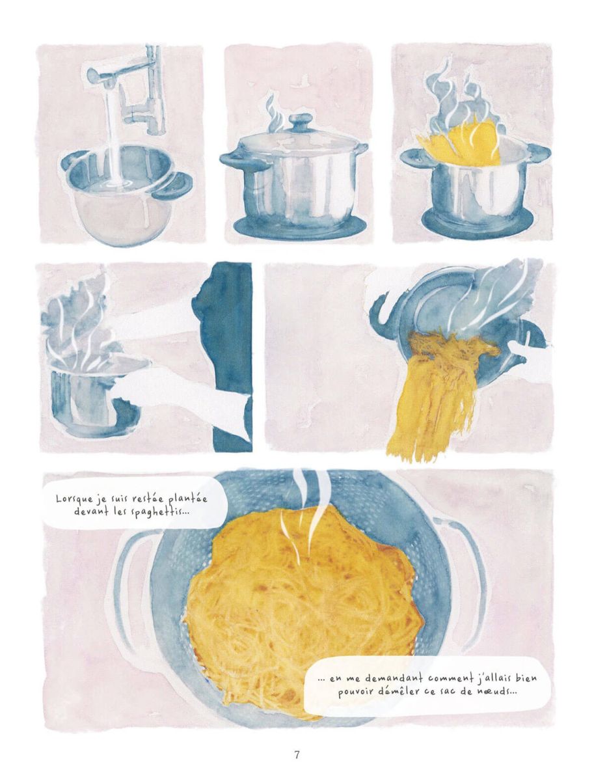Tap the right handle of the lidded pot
(x=359, y=149)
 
